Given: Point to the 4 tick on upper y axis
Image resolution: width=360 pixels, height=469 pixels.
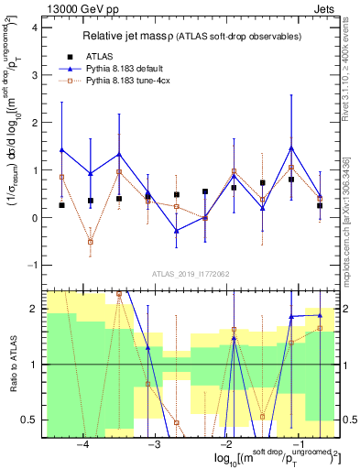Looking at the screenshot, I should click(x=32, y=27).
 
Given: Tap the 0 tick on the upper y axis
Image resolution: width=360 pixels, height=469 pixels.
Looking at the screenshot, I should click(x=32, y=218).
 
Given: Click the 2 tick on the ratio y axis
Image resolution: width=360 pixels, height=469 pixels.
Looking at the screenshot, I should click(x=32, y=309).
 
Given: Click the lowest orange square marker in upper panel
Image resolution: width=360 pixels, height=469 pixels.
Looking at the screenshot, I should click(x=91, y=242).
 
